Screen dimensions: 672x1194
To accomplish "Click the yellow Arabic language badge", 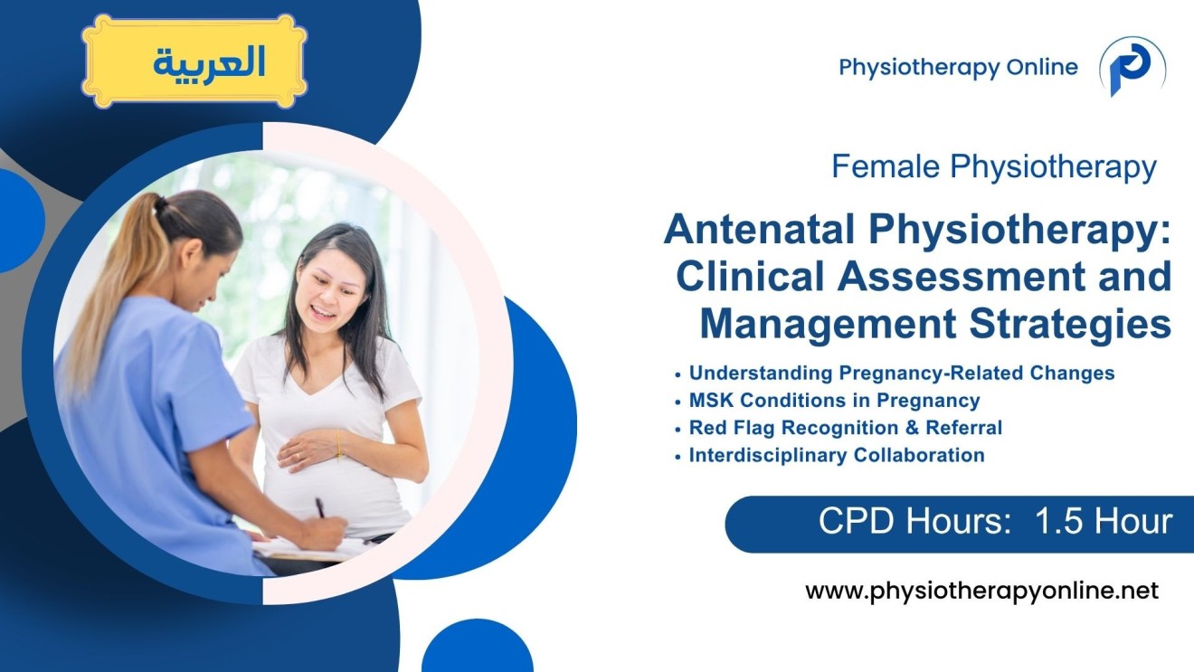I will coord(194,62).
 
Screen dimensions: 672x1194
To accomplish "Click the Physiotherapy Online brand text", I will coord(958,67).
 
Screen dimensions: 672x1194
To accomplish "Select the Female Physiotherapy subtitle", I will coord(993,166).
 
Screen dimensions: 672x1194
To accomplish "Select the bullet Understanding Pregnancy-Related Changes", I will coord(901,373).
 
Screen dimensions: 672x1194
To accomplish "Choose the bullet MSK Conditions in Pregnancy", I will coord(834,400).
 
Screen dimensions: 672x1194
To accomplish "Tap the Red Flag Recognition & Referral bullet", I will coord(845,428).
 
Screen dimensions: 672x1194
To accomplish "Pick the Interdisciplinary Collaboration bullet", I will coord(836,455).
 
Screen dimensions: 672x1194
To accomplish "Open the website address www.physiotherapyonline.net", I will coord(981,592).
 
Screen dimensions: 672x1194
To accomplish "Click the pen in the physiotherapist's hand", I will coord(320,508).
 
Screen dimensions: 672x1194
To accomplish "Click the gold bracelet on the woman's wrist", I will coord(339,444).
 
